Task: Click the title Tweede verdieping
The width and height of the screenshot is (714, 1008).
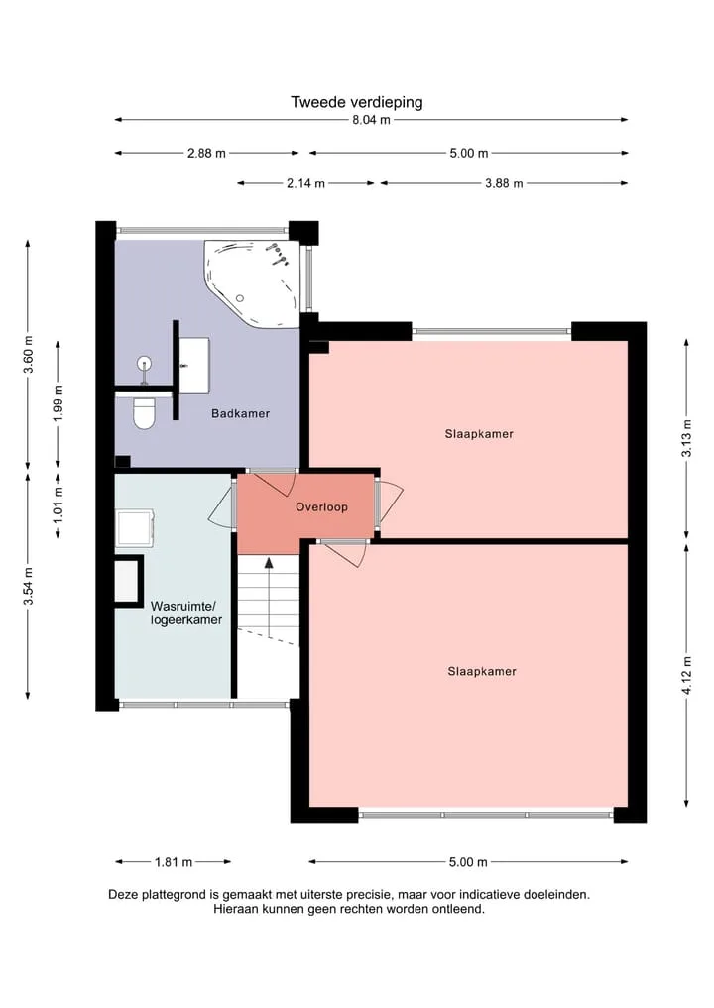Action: [356, 102]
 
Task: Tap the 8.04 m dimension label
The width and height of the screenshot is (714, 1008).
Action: [371, 120]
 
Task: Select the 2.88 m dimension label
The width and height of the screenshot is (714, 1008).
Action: [206, 153]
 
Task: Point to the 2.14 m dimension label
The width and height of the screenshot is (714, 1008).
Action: [305, 183]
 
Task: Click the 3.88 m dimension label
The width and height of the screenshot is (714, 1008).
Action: [504, 183]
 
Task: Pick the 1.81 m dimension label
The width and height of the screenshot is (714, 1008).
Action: [173, 862]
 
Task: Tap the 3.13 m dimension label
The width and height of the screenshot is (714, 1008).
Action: [687, 438]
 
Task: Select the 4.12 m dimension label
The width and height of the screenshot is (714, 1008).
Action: [687, 675]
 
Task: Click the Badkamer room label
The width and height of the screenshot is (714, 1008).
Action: [241, 413]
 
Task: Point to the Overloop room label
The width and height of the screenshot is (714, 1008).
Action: [321, 506]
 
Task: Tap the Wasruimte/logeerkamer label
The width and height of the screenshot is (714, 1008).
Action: [185, 613]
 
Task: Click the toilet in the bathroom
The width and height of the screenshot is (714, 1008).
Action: [144, 413]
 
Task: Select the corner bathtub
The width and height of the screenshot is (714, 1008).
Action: [253, 282]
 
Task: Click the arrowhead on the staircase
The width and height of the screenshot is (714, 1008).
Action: [269, 564]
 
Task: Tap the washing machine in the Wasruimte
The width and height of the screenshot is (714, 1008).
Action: [135, 527]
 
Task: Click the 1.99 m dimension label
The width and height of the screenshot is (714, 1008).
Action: [59, 403]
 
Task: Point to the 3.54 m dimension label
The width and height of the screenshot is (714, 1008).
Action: [29, 586]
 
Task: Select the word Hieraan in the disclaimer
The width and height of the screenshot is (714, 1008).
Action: [236, 909]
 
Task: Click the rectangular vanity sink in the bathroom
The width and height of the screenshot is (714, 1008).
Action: [194, 365]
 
